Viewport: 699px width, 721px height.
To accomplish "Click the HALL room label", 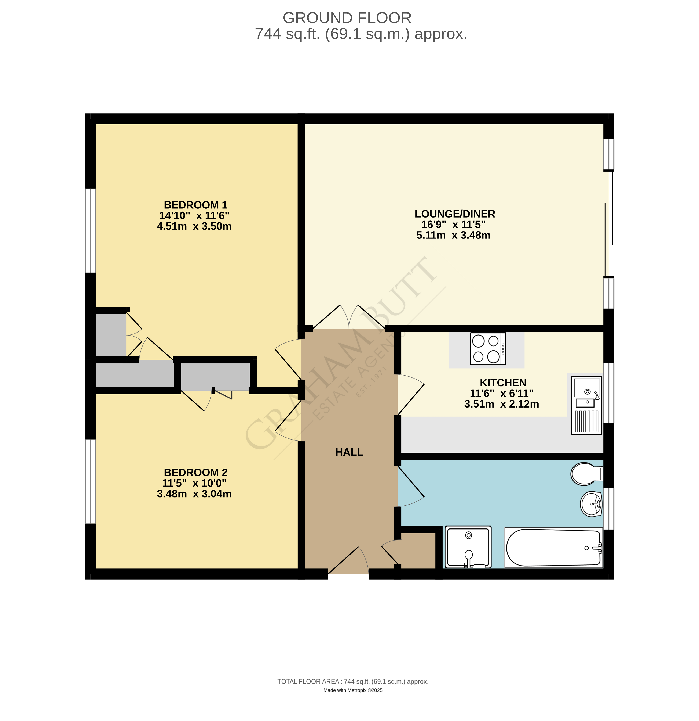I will (349, 452).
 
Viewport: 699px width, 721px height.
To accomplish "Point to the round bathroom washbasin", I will (591, 504).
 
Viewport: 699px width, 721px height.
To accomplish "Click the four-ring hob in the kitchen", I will (488, 349).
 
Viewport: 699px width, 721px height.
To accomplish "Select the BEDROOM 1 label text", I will (195, 205).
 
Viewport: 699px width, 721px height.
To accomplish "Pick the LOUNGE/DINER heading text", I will (455, 214).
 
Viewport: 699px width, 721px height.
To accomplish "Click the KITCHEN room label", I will (503, 383).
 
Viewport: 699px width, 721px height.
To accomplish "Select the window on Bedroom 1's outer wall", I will (90, 231).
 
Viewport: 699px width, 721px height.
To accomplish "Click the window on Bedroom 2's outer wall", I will (90, 481).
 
